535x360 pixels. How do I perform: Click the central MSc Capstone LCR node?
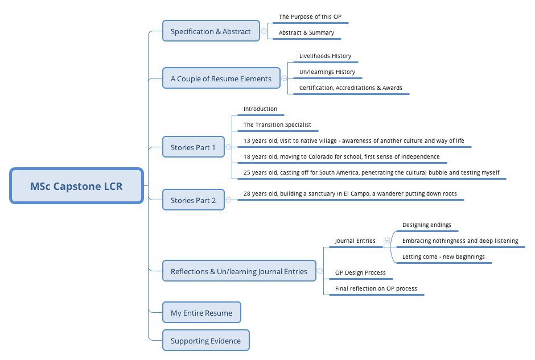pyautogui.click(x=76, y=186)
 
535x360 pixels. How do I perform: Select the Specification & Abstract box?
pyautogui.click(x=211, y=31)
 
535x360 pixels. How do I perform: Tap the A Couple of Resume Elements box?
pyautogui.click(x=221, y=78)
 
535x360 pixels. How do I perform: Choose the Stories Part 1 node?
pyautogui.click(x=193, y=147)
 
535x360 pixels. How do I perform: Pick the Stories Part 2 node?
pyautogui.click(x=193, y=200)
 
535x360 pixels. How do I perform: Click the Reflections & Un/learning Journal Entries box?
pyautogui.click(x=238, y=271)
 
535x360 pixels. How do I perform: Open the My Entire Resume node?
pyautogui.click(x=201, y=313)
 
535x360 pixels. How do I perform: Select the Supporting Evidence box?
pyautogui.click(x=205, y=341)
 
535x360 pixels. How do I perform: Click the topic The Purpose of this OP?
pyautogui.click(x=310, y=17)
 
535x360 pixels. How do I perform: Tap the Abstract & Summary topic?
pyautogui.click(x=306, y=33)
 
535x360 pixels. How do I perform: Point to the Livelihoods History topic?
pyautogui.click(x=325, y=56)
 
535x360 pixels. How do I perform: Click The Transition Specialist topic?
pyautogui.click(x=277, y=125)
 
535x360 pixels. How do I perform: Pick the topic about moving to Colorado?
pyautogui.click(x=341, y=156)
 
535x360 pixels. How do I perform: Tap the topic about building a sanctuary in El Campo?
pyautogui.click(x=350, y=194)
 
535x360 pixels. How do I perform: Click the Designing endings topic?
pyautogui.click(x=426, y=225)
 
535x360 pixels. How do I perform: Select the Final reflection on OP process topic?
pyautogui.click(x=376, y=289)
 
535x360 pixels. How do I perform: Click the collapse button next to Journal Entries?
pyautogui.click(x=387, y=241)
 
